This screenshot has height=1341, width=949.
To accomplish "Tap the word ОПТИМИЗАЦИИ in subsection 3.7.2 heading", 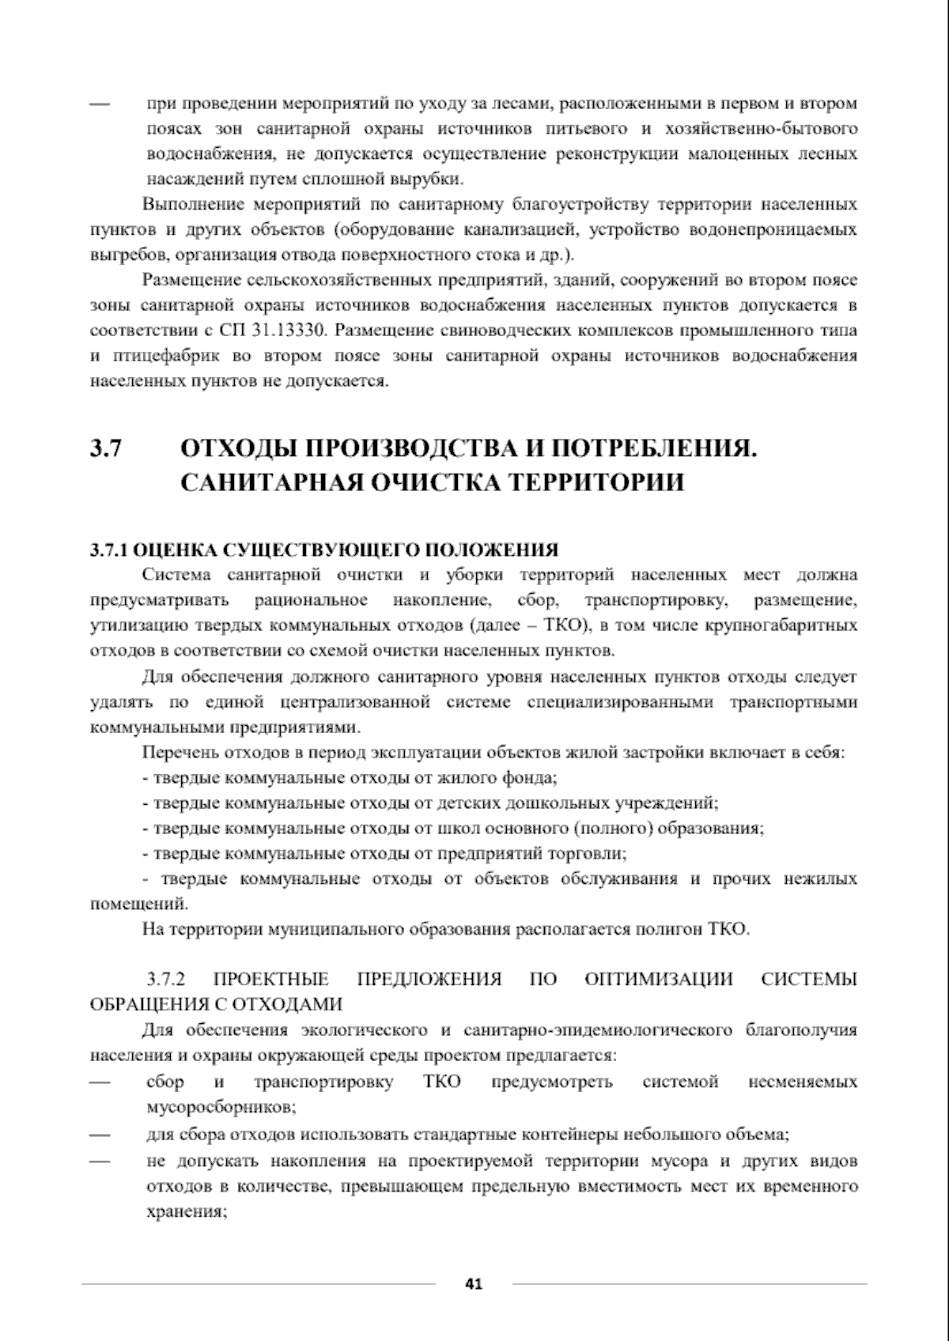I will pyautogui.click(x=659, y=980).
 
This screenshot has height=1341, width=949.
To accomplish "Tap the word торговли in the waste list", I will pyautogui.click(x=595, y=854).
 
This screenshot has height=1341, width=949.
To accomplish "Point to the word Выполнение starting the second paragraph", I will pyautogui.click(x=193, y=206).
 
